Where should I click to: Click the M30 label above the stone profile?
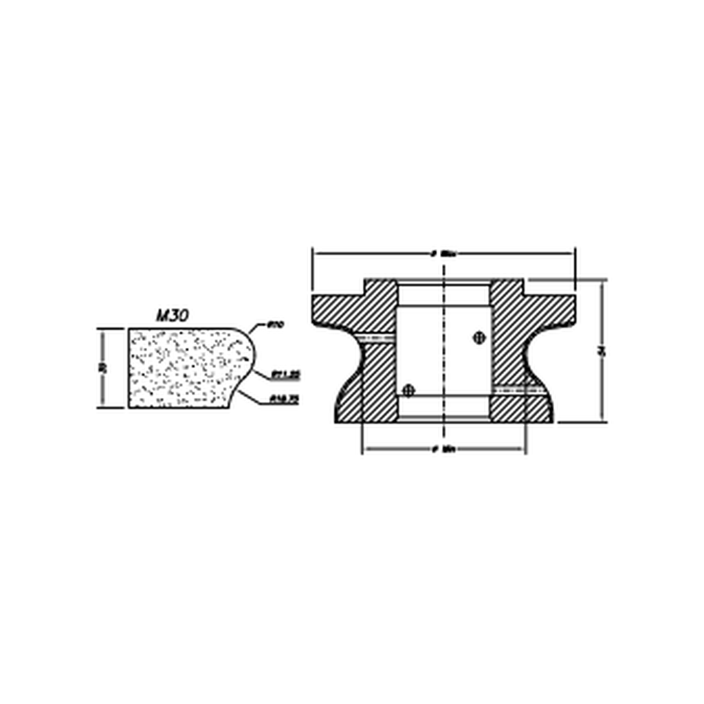click(x=173, y=316)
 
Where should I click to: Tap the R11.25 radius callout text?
click(x=285, y=375)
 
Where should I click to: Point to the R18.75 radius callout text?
click(x=285, y=398)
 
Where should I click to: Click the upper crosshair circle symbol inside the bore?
click(x=480, y=337)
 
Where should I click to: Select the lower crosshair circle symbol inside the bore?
click(x=410, y=390)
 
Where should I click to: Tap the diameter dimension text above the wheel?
click(x=444, y=254)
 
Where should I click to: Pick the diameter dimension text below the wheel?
click(x=444, y=450)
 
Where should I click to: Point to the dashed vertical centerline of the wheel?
click(x=444, y=357)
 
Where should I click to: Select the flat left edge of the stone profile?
click(x=129, y=368)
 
